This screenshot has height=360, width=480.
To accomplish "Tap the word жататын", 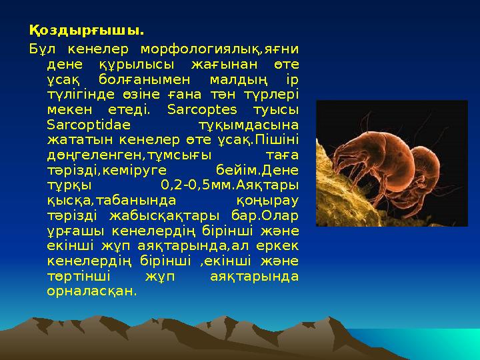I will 72,139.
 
